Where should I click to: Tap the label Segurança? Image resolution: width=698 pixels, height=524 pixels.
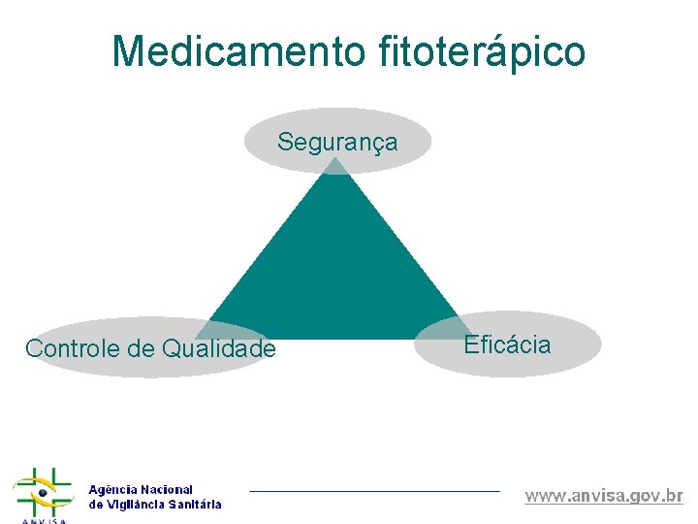336,142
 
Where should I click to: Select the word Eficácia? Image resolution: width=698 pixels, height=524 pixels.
507,344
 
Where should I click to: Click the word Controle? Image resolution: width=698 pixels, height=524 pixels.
74,348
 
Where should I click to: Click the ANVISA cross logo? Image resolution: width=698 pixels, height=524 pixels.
43,493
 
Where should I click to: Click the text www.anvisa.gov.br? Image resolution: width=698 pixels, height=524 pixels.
604,496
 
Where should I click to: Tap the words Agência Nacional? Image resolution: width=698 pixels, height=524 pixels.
141,490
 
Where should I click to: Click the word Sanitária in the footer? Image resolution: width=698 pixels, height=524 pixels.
195,505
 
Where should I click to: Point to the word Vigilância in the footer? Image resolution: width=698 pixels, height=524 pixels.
136,505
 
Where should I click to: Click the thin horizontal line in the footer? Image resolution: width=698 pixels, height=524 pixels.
374,491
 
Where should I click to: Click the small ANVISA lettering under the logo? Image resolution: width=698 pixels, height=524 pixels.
43,519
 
